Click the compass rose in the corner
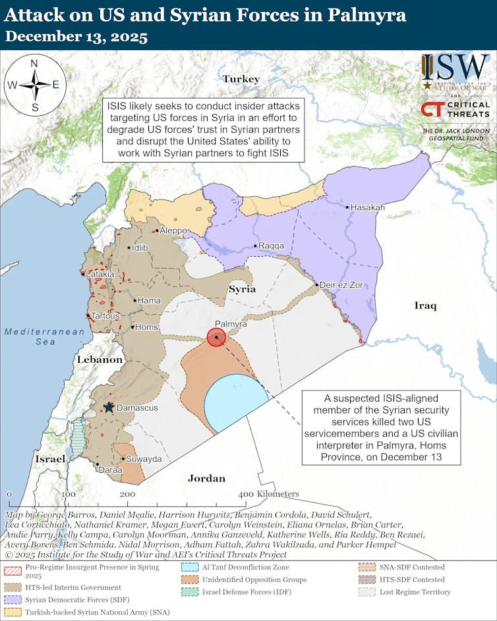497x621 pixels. pyautogui.click(x=34, y=84)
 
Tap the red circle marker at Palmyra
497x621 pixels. pyautogui.click(x=216, y=337)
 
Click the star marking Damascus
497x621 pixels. pyautogui.click(x=109, y=408)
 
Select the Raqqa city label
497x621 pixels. pyautogui.click(x=271, y=246)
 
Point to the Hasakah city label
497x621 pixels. pyautogui.click(x=367, y=207)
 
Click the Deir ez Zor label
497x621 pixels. pyautogui.click(x=341, y=285)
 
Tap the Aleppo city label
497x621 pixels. pyautogui.click(x=173, y=230)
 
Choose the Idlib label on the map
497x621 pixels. pyautogui.click(x=140, y=248)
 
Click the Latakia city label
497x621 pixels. pyautogui.click(x=100, y=273)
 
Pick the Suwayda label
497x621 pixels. pyautogui.click(x=144, y=458)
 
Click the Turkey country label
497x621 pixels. pyautogui.click(x=241, y=79)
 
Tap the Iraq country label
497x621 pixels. pyautogui.click(x=425, y=305)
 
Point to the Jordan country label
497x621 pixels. pyautogui.click(x=206, y=478)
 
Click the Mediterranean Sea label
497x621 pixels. pyautogui.click(x=45, y=337)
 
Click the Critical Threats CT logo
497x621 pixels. pyautogui.click(x=432, y=109)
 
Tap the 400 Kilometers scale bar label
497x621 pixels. pyautogui.click(x=268, y=494)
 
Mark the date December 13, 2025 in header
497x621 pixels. pyautogui.click(x=76, y=37)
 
